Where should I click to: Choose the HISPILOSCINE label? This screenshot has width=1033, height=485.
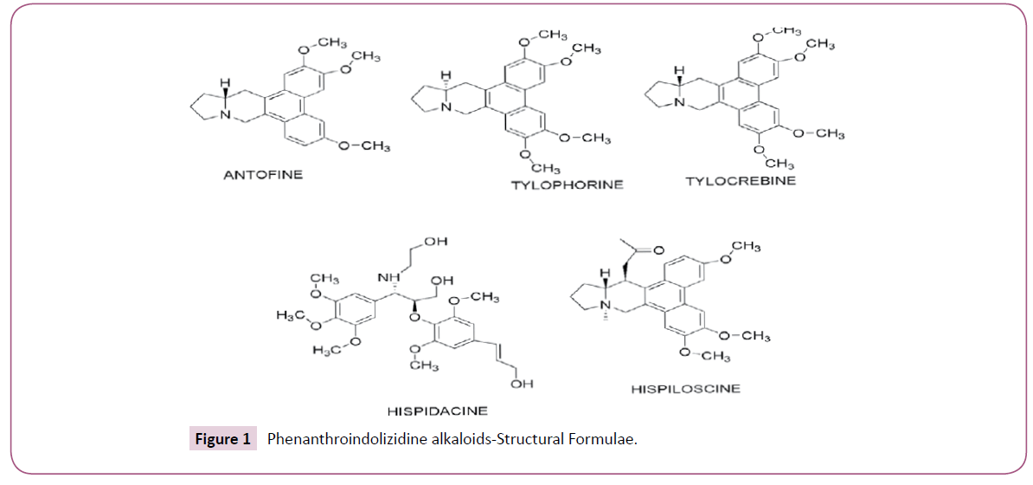[x=685, y=389]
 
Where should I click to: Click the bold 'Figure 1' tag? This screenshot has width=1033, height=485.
[x=221, y=439]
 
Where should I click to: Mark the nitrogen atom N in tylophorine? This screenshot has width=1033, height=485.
[x=447, y=108]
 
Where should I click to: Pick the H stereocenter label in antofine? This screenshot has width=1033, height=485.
[x=223, y=83]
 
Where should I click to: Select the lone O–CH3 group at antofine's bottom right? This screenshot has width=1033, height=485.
[x=364, y=145]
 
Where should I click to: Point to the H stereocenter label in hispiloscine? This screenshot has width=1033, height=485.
[x=606, y=275]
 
